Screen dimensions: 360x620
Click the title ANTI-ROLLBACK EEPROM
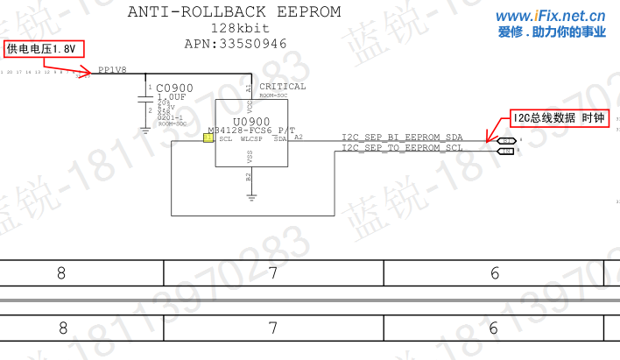click(234, 11)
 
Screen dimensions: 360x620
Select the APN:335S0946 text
click(235, 43)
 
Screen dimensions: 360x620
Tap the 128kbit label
click(234, 28)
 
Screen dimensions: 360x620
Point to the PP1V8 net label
click(112, 69)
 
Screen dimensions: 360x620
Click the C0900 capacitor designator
click(174, 88)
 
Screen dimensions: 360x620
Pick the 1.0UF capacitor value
click(172, 97)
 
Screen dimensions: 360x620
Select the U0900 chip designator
click(251, 121)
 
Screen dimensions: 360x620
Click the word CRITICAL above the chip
click(283, 87)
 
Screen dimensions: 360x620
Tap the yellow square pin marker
click(208, 138)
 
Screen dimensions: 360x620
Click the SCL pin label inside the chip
click(226, 138)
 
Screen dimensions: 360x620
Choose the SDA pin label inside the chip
click(280, 138)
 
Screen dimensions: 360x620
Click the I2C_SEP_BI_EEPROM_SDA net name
click(402, 138)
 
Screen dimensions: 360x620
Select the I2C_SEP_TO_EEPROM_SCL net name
click(402, 148)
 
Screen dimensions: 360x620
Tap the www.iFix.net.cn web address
click(551, 16)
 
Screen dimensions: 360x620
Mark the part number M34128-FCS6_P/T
click(252, 130)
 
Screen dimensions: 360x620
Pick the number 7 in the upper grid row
click(273, 272)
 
